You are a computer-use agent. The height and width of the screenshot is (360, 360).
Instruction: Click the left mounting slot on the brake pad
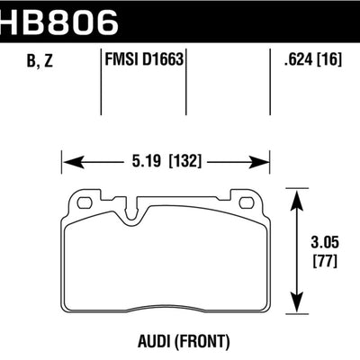tap(85, 202)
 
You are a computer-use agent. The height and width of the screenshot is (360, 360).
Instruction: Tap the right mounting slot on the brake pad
tap(247, 202)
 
